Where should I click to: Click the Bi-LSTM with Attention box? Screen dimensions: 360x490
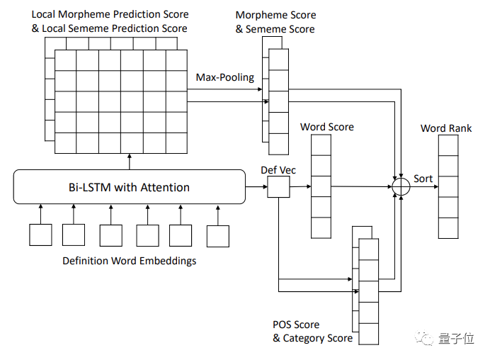128,188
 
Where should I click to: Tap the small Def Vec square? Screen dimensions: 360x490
279,188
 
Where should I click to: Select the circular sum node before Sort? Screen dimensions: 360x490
401,187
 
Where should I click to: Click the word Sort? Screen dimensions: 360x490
423,179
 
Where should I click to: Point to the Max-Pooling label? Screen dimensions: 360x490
224,77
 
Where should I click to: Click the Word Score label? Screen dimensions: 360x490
326,127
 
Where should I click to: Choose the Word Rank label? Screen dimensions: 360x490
446,128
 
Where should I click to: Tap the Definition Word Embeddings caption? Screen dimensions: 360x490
129,261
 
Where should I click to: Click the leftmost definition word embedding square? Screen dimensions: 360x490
40,235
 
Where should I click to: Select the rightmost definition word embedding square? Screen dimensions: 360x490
218,235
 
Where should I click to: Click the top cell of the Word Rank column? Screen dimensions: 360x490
448,145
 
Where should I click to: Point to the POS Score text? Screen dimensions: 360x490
296,325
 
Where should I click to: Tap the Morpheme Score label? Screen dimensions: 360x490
275,15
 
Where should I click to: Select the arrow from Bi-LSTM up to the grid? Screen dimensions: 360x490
130,162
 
